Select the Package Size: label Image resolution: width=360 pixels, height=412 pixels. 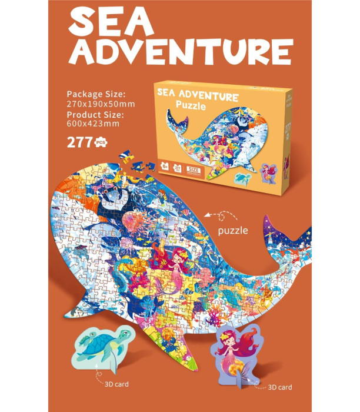[96, 94]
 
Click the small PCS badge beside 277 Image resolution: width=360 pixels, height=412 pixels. [102, 141]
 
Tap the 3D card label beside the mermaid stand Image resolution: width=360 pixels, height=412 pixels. [280, 387]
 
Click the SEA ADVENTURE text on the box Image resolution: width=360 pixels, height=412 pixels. [197, 96]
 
